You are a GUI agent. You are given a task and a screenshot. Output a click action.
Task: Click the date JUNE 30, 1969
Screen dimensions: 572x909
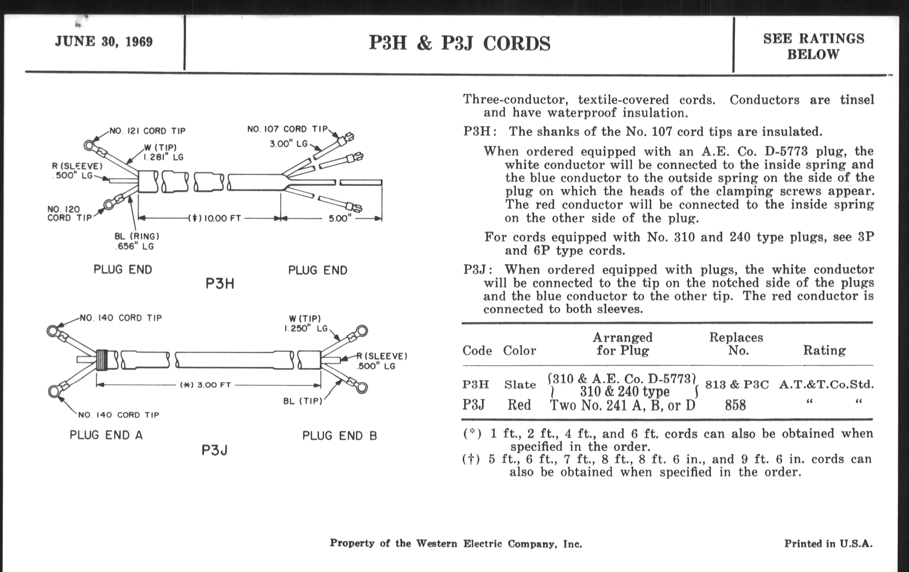click(x=104, y=41)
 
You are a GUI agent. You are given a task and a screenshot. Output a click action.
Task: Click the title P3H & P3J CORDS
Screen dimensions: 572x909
click(x=459, y=43)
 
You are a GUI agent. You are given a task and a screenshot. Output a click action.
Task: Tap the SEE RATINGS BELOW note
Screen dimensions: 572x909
click(x=813, y=46)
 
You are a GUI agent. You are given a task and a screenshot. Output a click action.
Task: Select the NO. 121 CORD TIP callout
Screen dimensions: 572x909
click(x=148, y=131)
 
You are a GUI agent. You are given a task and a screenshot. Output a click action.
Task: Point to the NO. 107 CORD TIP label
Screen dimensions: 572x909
click(x=287, y=129)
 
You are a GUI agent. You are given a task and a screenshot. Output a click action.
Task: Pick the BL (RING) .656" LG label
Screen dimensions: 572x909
click(x=137, y=241)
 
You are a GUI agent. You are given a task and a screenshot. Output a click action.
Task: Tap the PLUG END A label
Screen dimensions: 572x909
click(x=106, y=435)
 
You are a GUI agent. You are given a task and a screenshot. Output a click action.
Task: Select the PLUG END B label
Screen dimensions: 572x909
click(x=339, y=436)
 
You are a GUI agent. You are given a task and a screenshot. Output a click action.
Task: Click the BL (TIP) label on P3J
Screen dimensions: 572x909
click(x=303, y=401)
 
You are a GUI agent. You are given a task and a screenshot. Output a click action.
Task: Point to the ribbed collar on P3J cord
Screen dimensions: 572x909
click(x=102, y=359)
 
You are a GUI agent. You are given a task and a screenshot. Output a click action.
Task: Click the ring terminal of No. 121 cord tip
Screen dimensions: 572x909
click(x=89, y=145)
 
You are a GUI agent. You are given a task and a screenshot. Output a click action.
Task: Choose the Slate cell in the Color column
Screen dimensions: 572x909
click(x=520, y=385)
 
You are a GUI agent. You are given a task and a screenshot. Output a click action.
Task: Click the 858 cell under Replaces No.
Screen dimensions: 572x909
click(x=735, y=405)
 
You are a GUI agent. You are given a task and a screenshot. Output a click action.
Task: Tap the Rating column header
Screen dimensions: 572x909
click(x=824, y=350)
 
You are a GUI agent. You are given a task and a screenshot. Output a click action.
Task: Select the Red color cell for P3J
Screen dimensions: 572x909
click(x=519, y=405)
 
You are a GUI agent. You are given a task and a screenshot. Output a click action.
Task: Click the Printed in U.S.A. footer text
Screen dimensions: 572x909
click(x=828, y=544)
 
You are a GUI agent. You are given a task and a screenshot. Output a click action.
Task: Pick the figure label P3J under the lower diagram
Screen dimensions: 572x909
click(x=215, y=450)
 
